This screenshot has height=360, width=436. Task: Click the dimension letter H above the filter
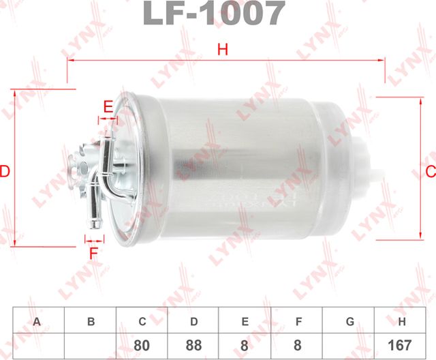pos(222,49)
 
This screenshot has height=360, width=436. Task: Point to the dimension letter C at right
pos(430,170)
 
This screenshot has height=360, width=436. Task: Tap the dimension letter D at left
pos(5,170)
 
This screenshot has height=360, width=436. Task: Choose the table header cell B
pos(90,320)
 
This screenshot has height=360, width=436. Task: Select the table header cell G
pos(349,320)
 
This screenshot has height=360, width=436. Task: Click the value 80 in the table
pos(142,346)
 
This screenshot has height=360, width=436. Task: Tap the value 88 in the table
pos(194,346)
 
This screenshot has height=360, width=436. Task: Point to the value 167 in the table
pos(401,346)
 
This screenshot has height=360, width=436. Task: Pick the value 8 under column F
pos(297,346)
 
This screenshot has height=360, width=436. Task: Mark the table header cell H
pos(401,320)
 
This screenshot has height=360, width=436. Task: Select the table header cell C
pos(142,320)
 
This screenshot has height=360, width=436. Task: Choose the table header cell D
pos(194,320)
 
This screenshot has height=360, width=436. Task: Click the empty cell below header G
pos(349,346)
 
